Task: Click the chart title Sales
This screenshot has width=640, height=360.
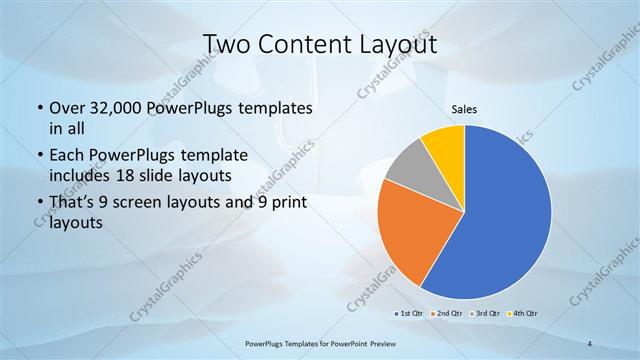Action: pos(463,108)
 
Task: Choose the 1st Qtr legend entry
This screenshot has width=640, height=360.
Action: pos(412,315)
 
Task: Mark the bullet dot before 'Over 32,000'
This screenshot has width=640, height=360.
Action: pos(38,108)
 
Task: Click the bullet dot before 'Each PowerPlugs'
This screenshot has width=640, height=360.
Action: pos(38,155)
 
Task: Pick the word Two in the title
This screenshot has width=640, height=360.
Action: pos(227,45)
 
